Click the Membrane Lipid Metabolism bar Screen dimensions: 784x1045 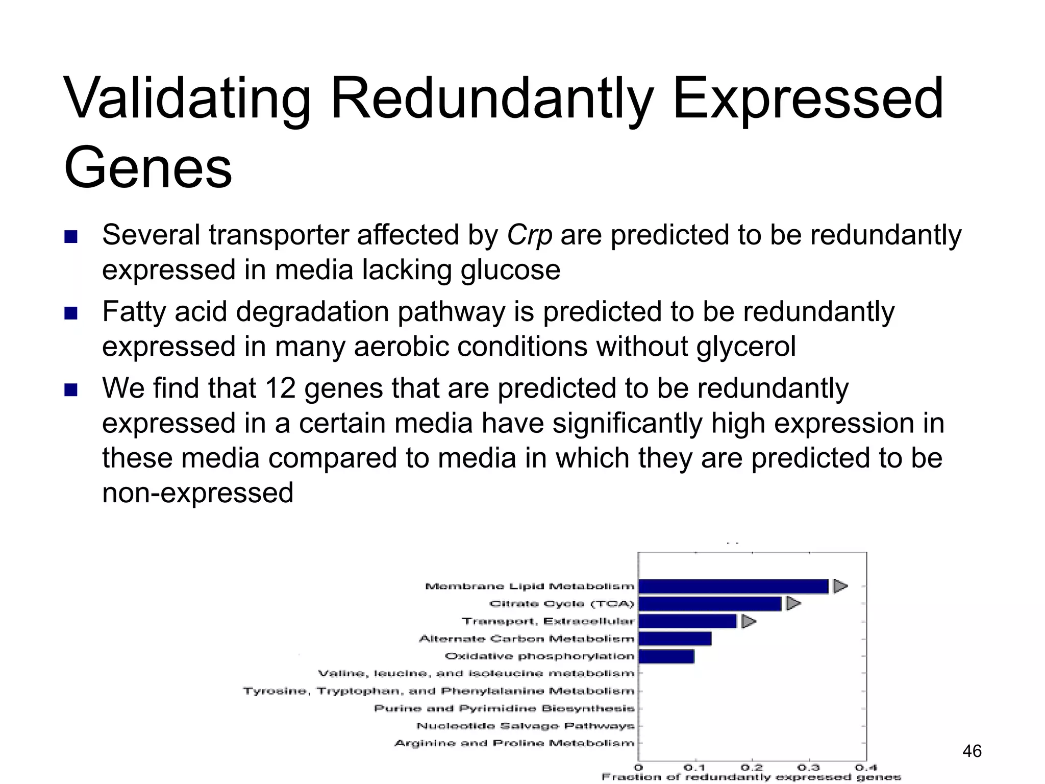click(733, 586)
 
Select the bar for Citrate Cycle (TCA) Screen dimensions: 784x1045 click(709, 604)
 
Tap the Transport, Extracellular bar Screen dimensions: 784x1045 click(687, 621)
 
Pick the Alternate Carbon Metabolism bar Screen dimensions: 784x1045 click(675, 639)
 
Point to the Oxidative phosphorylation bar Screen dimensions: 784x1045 click(666, 656)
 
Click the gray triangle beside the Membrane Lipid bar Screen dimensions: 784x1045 click(839, 586)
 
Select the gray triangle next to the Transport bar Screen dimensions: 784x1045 click(748, 621)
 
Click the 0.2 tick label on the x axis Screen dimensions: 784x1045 click(752, 768)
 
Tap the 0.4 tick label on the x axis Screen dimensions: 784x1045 click(866, 768)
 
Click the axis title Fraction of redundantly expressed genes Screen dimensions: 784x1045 click(751, 777)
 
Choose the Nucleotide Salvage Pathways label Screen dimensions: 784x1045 click(525, 726)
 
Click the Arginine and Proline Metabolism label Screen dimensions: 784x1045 click(514, 743)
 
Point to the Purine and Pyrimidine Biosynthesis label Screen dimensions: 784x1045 click(504, 708)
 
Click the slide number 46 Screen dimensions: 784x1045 click(972, 751)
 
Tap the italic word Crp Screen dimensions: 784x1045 click(529, 235)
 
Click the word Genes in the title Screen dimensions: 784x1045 click(148, 167)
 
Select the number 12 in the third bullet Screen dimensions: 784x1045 click(280, 388)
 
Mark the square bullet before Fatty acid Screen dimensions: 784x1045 click(71, 313)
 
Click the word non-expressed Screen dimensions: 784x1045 click(197, 493)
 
